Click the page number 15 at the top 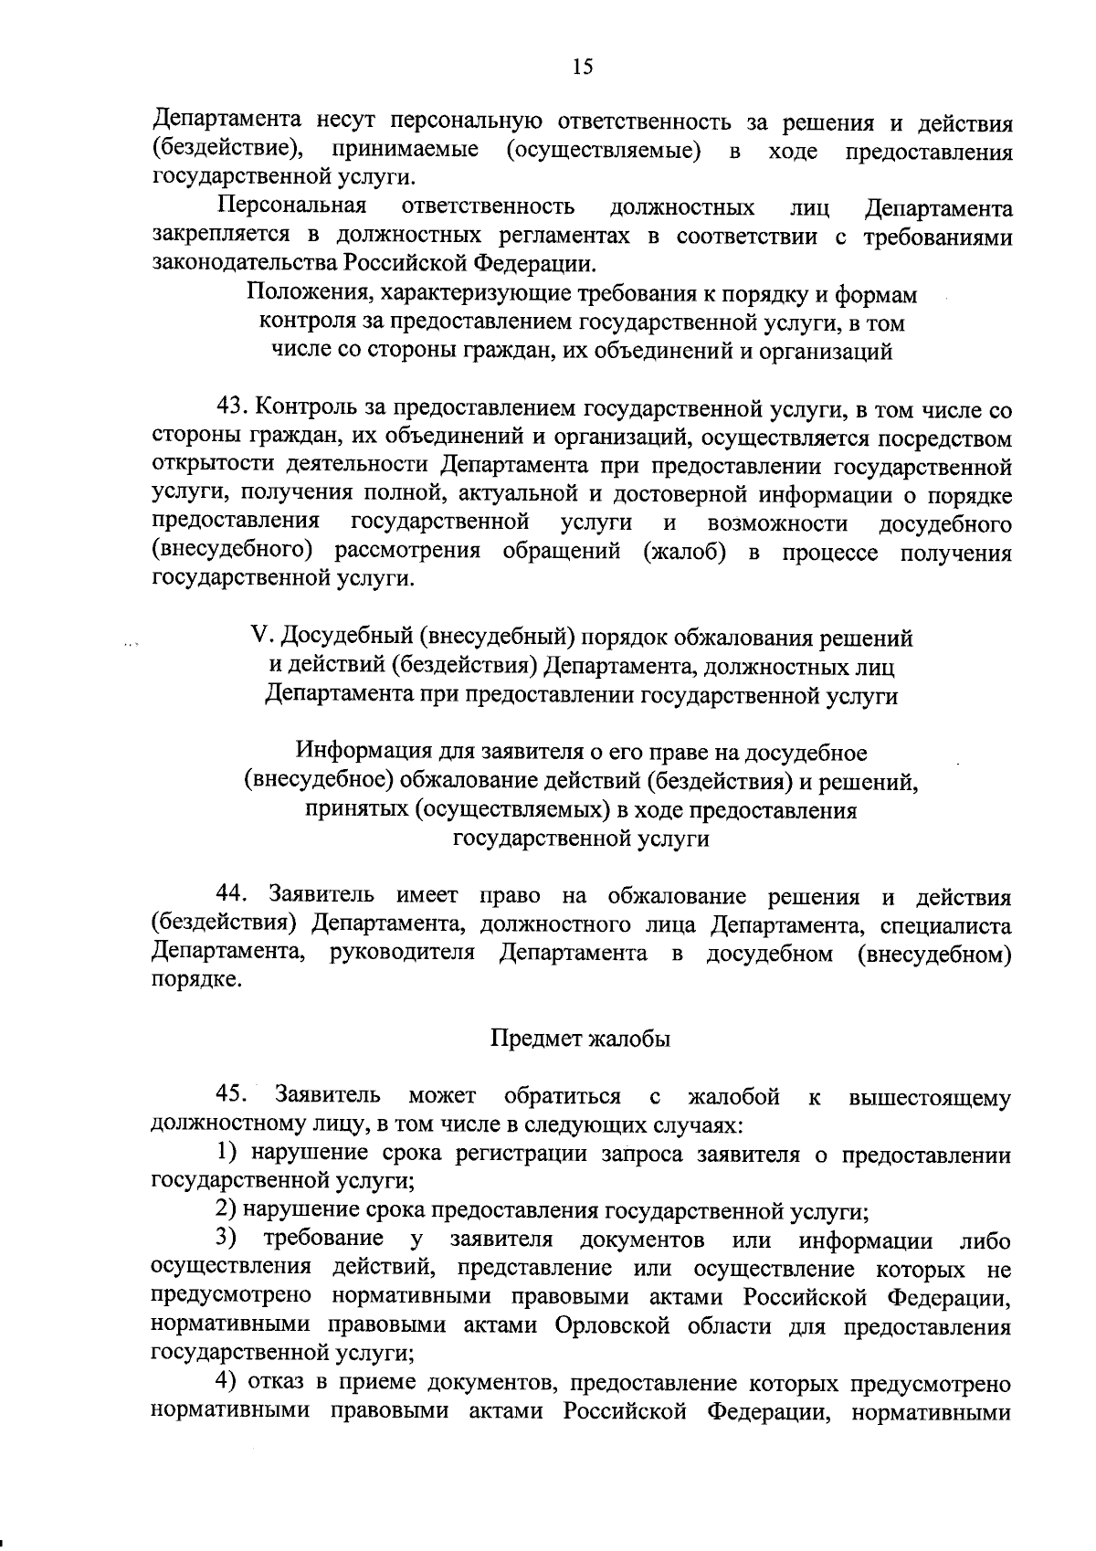583,66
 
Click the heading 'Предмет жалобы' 581,1039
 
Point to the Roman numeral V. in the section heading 260,638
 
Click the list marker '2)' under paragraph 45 227,1211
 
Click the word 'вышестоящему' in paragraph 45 930,1097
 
